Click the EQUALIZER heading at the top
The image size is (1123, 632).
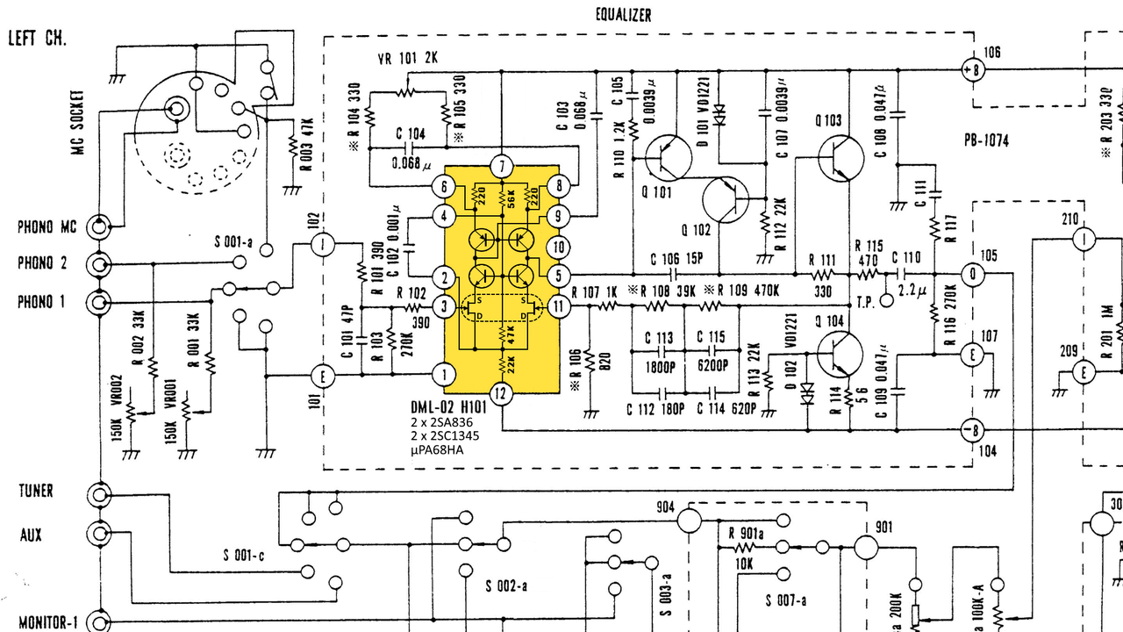click(x=623, y=15)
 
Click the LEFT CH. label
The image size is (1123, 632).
click(x=38, y=39)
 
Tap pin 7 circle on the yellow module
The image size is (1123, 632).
click(x=501, y=166)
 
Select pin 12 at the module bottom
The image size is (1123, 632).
click(x=501, y=394)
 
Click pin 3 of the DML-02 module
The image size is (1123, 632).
click(x=446, y=306)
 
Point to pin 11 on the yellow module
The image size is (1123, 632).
click(x=558, y=306)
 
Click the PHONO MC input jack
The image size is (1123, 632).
click(x=97, y=226)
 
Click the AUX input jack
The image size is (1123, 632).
click(x=97, y=534)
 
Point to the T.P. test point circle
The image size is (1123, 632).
click(x=886, y=300)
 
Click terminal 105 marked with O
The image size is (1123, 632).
click(x=971, y=275)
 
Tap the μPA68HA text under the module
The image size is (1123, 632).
click(x=438, y=450)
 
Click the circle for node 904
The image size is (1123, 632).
click(x=690, y=521)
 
